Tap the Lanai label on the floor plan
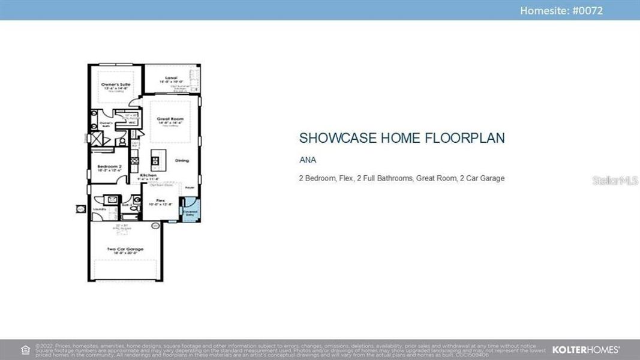pyautogui.click(x=170, y=78)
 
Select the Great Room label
pyautogui.click(x=170, y=119)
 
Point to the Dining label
pyautogui.click(x=182, y=160)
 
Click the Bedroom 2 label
pyautogui.click(x=110, y=166)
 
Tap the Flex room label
pyautogui.click(x=160, y=200)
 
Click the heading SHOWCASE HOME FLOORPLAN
pyautogui.click(x=402, y=138)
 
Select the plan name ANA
pyautogui.click(x=308, y=160)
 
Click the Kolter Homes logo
pyautogui.click(x=585, y=349)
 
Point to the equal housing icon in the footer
pyautogui.click(x=25, y=349)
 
